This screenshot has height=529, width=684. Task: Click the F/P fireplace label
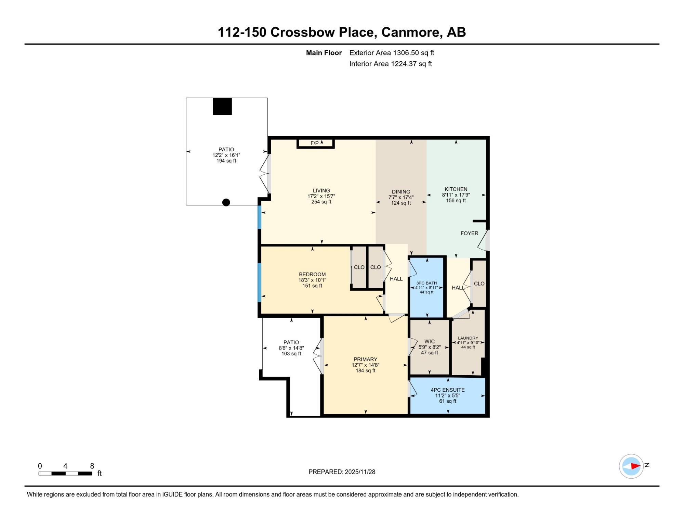click(314, 143)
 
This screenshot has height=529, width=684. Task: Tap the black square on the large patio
click(222, 106)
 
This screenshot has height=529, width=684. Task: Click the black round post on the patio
click(226, 202)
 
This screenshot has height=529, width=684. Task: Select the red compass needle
click(635, 466)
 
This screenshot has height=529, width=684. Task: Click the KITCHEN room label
click(456, 189)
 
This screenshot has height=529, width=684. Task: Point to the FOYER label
click(469, 233)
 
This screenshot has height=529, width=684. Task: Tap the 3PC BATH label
click(426, 283)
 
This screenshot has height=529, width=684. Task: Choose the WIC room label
click(430, 341)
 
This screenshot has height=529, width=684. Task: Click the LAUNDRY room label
click(468, 338)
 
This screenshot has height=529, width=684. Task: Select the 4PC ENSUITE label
click(448, 390)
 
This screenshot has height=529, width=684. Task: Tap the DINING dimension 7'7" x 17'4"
click(401, 197)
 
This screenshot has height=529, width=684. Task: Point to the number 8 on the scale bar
click(92, 466)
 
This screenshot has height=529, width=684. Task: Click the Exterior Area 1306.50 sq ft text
click(392, 53)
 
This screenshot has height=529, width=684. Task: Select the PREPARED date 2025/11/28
click(360, 472)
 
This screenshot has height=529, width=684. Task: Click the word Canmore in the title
click(408, 32)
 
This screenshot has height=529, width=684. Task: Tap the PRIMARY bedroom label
click(365, 359)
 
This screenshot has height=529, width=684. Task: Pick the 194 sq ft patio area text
click(226, 161)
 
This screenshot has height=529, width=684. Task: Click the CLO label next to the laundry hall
click(479, 284)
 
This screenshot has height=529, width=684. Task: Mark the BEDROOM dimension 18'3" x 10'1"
click(312, 280)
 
